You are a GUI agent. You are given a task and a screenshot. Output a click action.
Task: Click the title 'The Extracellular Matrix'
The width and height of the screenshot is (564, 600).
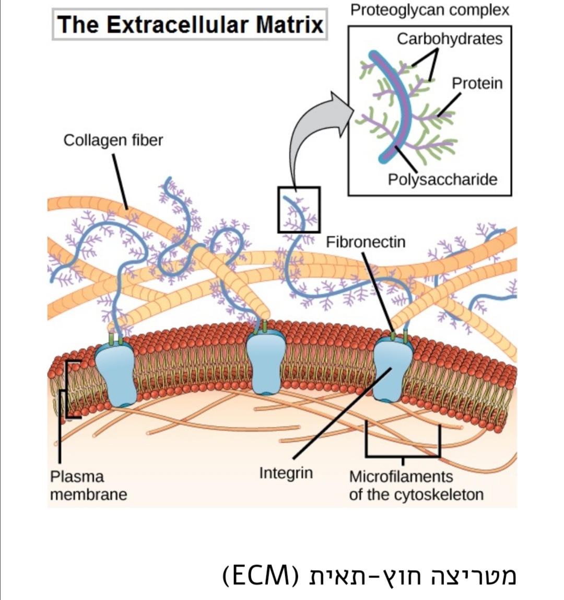coord(190,25)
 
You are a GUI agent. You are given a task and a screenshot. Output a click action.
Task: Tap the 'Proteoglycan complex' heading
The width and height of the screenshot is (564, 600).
coord(429,10)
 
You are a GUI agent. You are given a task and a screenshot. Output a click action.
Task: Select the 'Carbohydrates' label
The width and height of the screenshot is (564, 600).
coord(449,39)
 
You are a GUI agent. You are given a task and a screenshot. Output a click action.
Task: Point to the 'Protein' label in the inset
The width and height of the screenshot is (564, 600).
coord(477,83)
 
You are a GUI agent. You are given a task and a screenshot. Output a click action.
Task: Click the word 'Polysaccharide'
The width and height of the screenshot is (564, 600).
coord(442,179)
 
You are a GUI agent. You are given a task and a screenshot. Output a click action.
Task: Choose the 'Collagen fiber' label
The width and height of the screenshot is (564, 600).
coord(113,140)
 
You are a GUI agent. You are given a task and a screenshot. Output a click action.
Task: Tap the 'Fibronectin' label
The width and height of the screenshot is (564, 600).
coord(366,242)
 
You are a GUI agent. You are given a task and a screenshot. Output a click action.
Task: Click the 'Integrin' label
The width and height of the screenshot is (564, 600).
coord(286,473)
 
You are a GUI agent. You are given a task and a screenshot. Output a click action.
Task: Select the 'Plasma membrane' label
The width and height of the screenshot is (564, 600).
coord(88,485)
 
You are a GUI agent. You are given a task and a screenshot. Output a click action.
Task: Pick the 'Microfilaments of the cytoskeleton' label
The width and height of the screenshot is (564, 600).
coord(416,485)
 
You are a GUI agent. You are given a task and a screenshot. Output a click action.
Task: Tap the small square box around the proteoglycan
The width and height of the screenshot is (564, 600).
coord(299,210)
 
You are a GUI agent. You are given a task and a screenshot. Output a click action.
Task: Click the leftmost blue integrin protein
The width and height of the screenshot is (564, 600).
coord(116,374)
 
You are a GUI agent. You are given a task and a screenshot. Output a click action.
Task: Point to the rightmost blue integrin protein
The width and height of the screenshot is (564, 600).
coord(393,368)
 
